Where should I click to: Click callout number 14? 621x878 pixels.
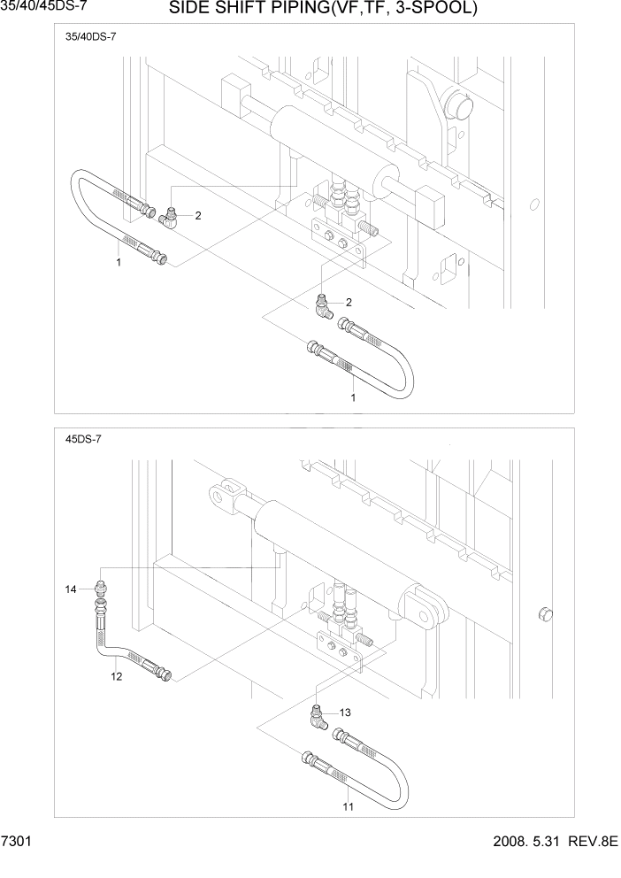(71, 589)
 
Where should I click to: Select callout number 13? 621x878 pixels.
(345, 712)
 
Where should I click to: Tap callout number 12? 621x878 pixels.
(116, 677)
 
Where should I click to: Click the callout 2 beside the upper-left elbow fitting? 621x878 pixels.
(198, 215)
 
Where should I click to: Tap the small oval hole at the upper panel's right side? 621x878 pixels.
(533, 205)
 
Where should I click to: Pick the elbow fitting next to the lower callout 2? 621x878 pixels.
(322, 307)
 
